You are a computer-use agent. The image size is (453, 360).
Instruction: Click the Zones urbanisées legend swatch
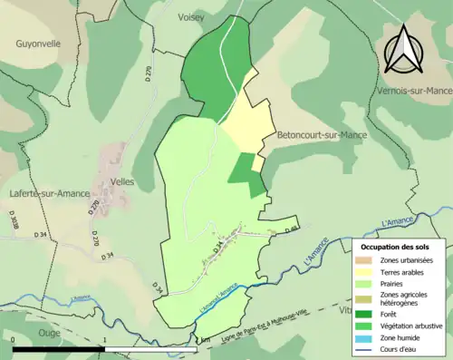[x=362, y=261]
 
